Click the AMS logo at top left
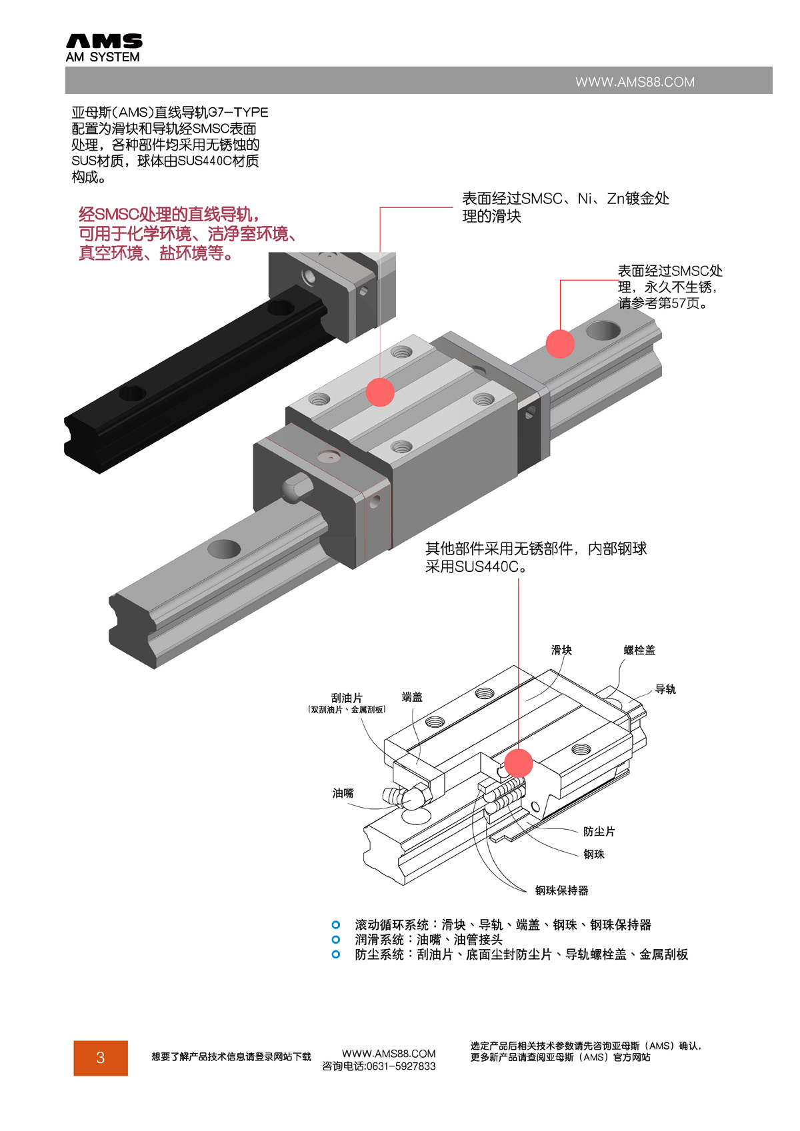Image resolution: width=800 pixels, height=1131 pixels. (x=103, y=48)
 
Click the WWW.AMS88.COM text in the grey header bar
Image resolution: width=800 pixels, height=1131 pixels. (x=635, y=82)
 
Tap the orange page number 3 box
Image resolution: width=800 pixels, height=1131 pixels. (x=101, y=1058)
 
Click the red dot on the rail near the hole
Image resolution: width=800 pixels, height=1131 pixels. (x=560, y=343)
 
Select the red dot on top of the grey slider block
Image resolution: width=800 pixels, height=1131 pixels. (x=380, y=392)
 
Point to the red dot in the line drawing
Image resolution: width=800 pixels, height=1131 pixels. (x=518, y=763)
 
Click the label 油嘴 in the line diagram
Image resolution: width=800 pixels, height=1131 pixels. (x=343, y=793)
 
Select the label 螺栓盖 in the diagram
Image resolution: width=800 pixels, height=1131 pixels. (x=639, y=650)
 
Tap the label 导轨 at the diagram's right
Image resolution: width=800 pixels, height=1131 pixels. (x=665, y=689)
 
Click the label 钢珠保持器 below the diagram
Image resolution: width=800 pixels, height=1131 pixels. (x=561, y=890)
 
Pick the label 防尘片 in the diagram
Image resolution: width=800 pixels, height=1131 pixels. (x=599, y=832)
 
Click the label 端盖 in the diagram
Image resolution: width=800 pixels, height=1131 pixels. (x=412, y=697)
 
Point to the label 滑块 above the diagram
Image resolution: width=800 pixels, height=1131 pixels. (x=561, y=650)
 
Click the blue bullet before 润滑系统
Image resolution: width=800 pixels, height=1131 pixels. (x=336, y=940)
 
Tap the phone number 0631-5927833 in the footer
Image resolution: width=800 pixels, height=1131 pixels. (x=401, y=1066)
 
